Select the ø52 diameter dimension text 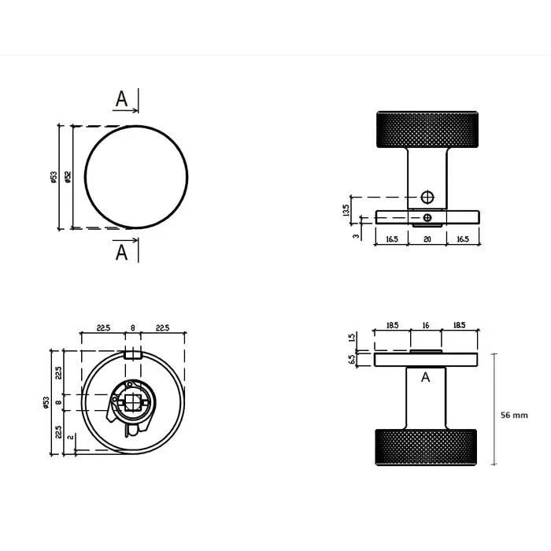coord(68,178)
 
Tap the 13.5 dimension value coord(346,211)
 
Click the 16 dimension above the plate coord(426,324)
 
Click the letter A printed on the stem coord(426,378)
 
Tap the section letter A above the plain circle coord(121,99)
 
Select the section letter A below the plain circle coord(121,253)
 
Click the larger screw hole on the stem coord(427,196)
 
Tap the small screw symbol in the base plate coord(427,216)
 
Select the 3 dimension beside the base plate coord(355,235)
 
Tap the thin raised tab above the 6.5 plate coord(426,350)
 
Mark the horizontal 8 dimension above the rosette coord(132,327)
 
